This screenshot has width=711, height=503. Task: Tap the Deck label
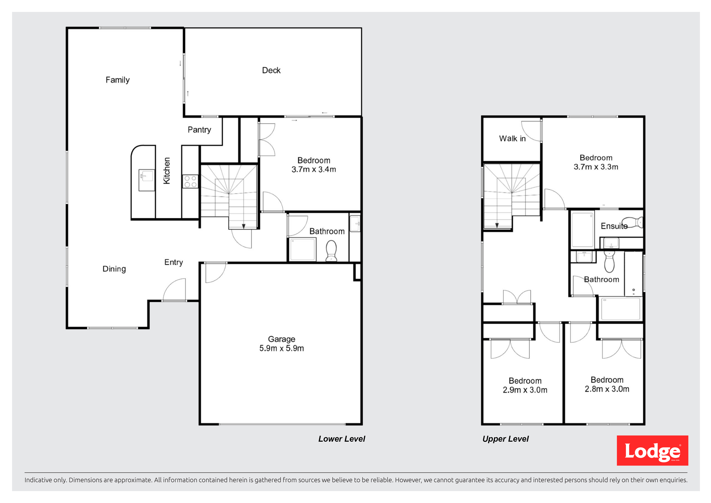271,70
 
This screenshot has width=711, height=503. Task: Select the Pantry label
199,130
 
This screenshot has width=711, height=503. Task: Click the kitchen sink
146,180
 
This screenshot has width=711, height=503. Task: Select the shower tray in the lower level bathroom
303,249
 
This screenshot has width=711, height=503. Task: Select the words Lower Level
342,439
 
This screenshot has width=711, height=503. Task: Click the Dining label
114,269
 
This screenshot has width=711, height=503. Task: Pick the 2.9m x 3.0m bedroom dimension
525,390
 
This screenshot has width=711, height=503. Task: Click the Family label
118,80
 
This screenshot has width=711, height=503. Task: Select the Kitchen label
167,171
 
